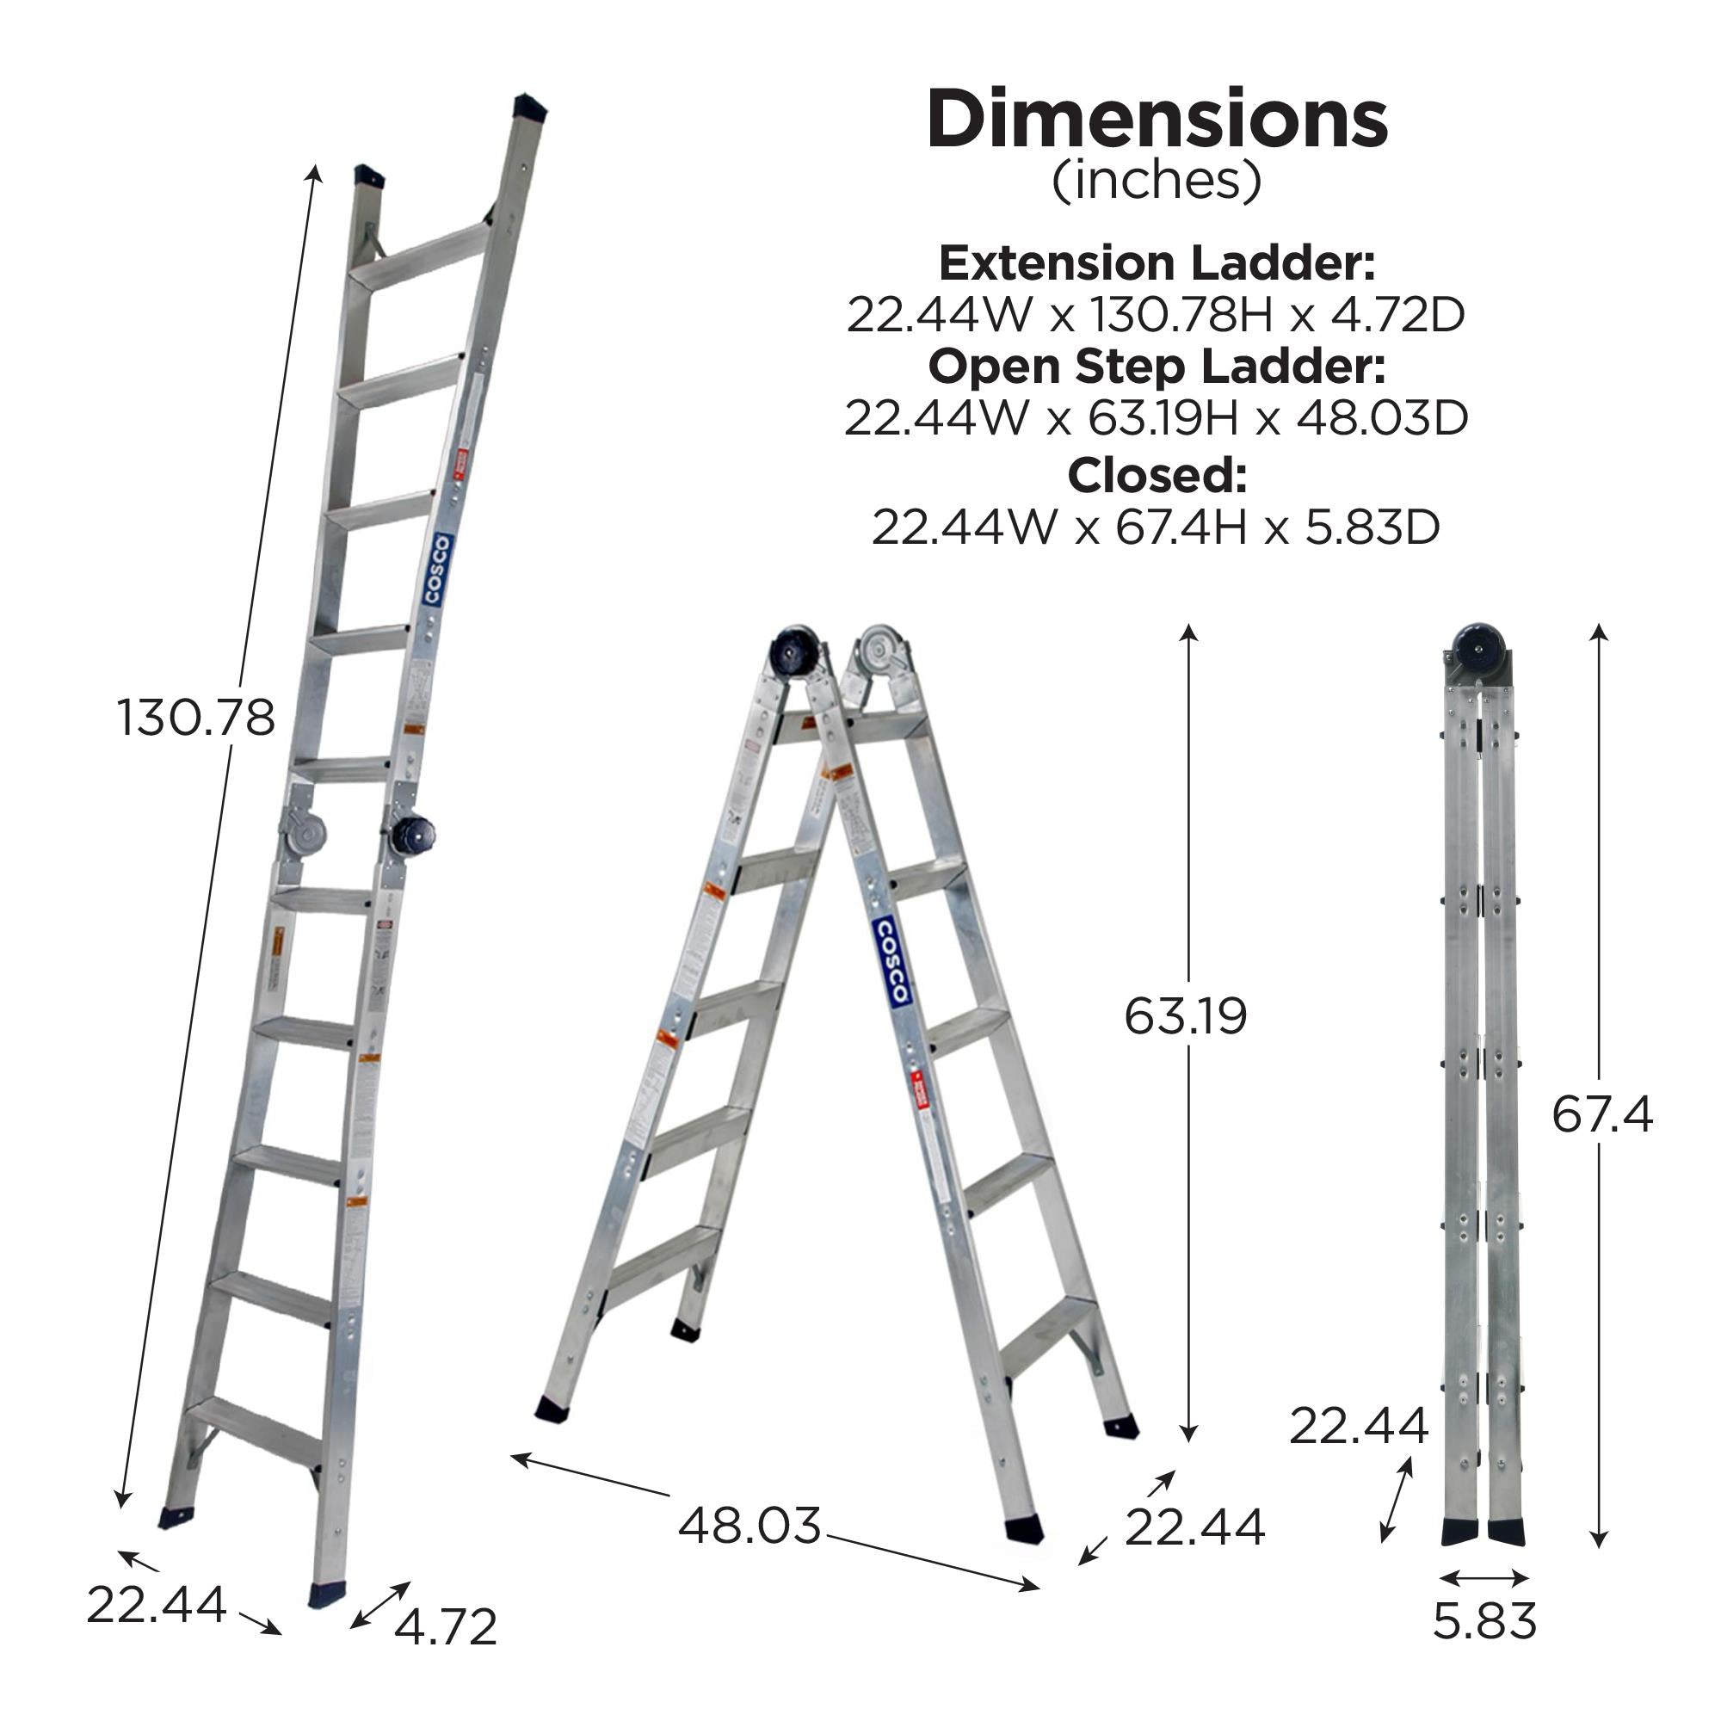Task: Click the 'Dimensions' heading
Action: pos(1157,120)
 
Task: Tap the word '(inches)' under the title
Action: pos(1157,181)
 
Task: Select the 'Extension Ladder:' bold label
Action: pos(1157,263)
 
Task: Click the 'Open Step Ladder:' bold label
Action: pos(1157,366)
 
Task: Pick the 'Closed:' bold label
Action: pos(1157,476)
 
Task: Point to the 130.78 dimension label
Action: pos(196,718)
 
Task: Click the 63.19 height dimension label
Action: pos(1185,1016)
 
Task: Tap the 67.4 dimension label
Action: pos(1601,1114)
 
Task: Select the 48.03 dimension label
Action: pos(749,1526)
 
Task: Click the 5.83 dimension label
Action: pos(1485,1621)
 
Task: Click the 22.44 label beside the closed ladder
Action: pos(1359,1426)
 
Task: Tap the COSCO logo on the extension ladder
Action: pos(436,571)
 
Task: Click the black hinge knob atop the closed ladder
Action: pos(1478,645)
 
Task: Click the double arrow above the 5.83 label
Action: pos(1484,1577)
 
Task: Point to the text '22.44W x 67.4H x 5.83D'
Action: pos(1157,527)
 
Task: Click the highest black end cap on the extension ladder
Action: pos(529,107)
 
